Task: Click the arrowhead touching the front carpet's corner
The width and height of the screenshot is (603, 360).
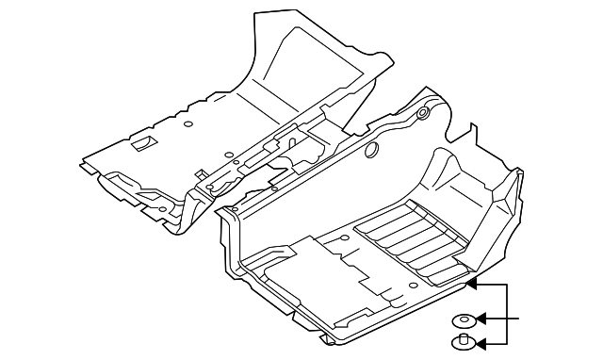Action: (474, 281)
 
